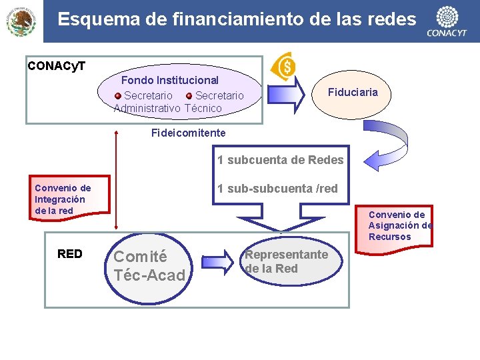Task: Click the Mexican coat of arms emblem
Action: pyautogui.click(x=21, y=21)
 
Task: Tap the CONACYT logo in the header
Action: pyautogui.click(x=446, y=21)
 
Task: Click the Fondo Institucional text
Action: pyautogui.click(x=170, y=81)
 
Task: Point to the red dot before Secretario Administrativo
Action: pyautogui.click(x=118, y=96)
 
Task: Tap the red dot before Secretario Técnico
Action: pyautogui.click(x=189, y=96)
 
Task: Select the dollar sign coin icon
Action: pyautogui.click(x=286, y=66)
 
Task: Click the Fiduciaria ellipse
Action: pyautogui.click(x=353, y=93)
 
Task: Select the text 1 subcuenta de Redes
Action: pyautogui.click(x=280, y=160)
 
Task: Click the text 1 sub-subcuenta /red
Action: pyautogui.click(x=277, y=189)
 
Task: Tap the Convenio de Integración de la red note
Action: pyautogui.click(x=63, y=199)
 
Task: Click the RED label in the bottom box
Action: pyautogui.click(x=70, y=254)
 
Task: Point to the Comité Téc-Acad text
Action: pyautogui.click(x=149, y=265)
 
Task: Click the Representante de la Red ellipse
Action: pyautogui.click(x=286, y=261)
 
